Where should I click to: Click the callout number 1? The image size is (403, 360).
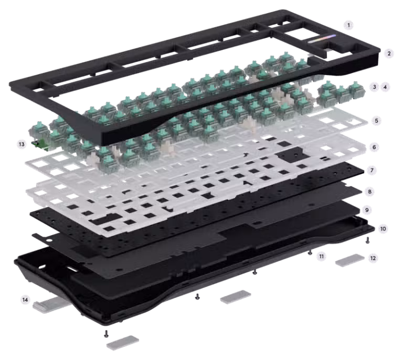[x=348, y=25]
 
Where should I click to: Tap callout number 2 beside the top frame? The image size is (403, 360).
[x=389, y=54]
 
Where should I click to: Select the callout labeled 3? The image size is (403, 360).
[x=374, y=87]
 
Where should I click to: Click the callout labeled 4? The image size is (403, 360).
[x=385, y=87]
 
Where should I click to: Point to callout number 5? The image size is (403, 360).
[x=377, y=121]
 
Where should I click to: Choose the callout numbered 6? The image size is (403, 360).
[x=374, y=147]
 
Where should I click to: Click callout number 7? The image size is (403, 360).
[x=372, y=170]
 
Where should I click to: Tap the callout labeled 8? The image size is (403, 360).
[x=369, y=192]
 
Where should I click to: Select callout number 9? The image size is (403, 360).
[x=367, y=210]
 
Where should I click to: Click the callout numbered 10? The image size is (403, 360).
[x=383, y=229]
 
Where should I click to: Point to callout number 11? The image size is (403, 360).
[x=321, y=256]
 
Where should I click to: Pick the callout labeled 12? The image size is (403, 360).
[x=373, y=258]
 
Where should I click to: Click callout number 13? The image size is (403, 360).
[x=22, y=144]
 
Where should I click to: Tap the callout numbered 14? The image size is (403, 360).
[x=25, y=300]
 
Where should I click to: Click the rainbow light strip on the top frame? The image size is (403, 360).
[x=322, y=39]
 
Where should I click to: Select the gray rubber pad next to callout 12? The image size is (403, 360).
[x=350, y=260]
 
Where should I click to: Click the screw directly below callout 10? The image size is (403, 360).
[x=367, y=240]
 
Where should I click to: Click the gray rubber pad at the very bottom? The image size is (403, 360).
[x=123, y=343]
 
